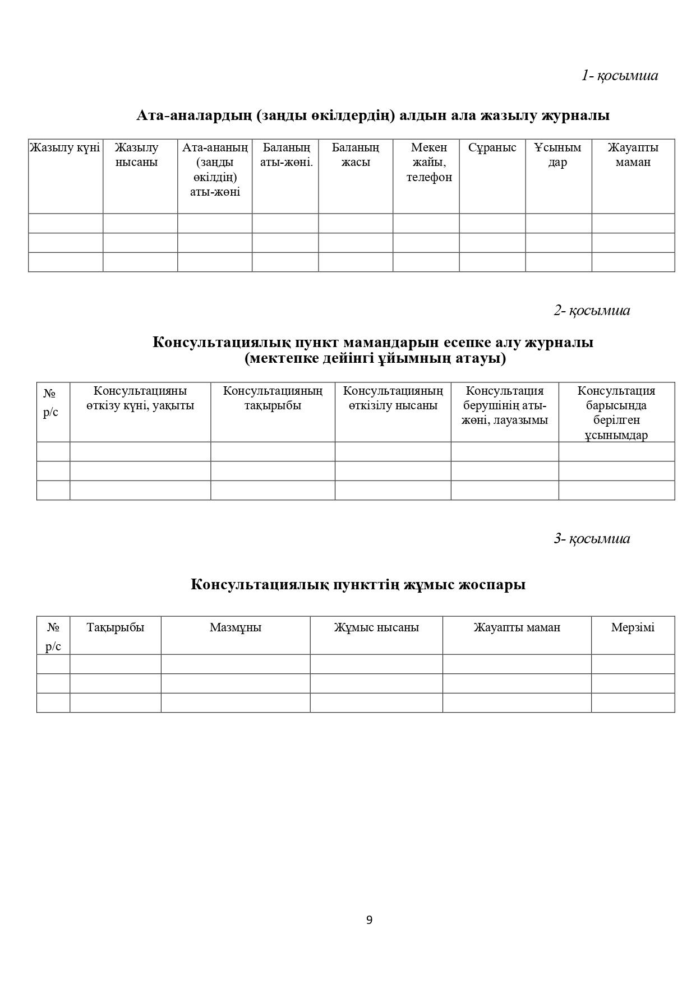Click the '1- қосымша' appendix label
click(619, 75)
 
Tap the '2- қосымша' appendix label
click(592, 310)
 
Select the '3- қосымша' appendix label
click(592, 538)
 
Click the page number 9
click(369, 920)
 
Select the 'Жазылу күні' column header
click(65, 147)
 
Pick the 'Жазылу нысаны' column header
click(137, 155)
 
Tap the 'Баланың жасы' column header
click(356, 155)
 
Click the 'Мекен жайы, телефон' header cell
click(429, 162)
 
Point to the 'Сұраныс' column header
click(492, 147)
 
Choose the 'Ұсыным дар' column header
click(557, 155)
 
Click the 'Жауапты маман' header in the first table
click(633, 155)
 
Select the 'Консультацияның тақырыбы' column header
click(273, 398)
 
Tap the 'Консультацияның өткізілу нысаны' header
click(393, 398)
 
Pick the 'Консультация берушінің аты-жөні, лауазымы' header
click(505, 405)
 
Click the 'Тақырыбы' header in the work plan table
click(116, 627)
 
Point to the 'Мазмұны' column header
click(236, 627)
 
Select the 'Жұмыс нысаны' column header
click(376, 627)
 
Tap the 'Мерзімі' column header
click(633, 627)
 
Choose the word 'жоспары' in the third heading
click(492, 584)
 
